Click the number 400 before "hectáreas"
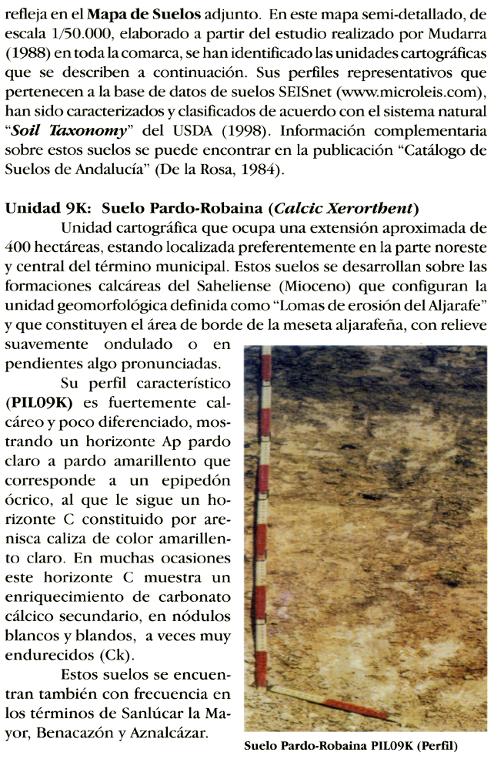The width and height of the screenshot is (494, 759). click(x=18, y=247)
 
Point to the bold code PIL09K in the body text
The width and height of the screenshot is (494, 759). click(x=36, y=402)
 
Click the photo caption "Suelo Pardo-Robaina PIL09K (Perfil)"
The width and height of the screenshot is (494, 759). click(x=350, y=747)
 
